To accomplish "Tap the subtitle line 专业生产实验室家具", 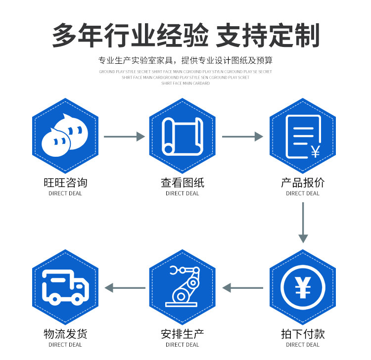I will point(185,61).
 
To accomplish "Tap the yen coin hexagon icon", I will point(302,287).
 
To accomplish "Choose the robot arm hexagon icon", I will point(182,287).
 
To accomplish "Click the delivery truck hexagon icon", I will point(65,287).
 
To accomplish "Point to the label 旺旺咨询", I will point(65,182).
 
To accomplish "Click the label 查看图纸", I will point(182,182).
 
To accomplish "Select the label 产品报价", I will point(302,182).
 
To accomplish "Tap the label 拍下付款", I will point(302,334).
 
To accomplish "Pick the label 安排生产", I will point(182,334).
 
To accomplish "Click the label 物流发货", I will point(65,334).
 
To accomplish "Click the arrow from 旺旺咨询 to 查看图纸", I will point(124,136).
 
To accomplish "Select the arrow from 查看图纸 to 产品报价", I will point(242,136).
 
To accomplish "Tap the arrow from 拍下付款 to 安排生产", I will point(242,287).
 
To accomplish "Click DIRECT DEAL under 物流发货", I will point(65,345).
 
